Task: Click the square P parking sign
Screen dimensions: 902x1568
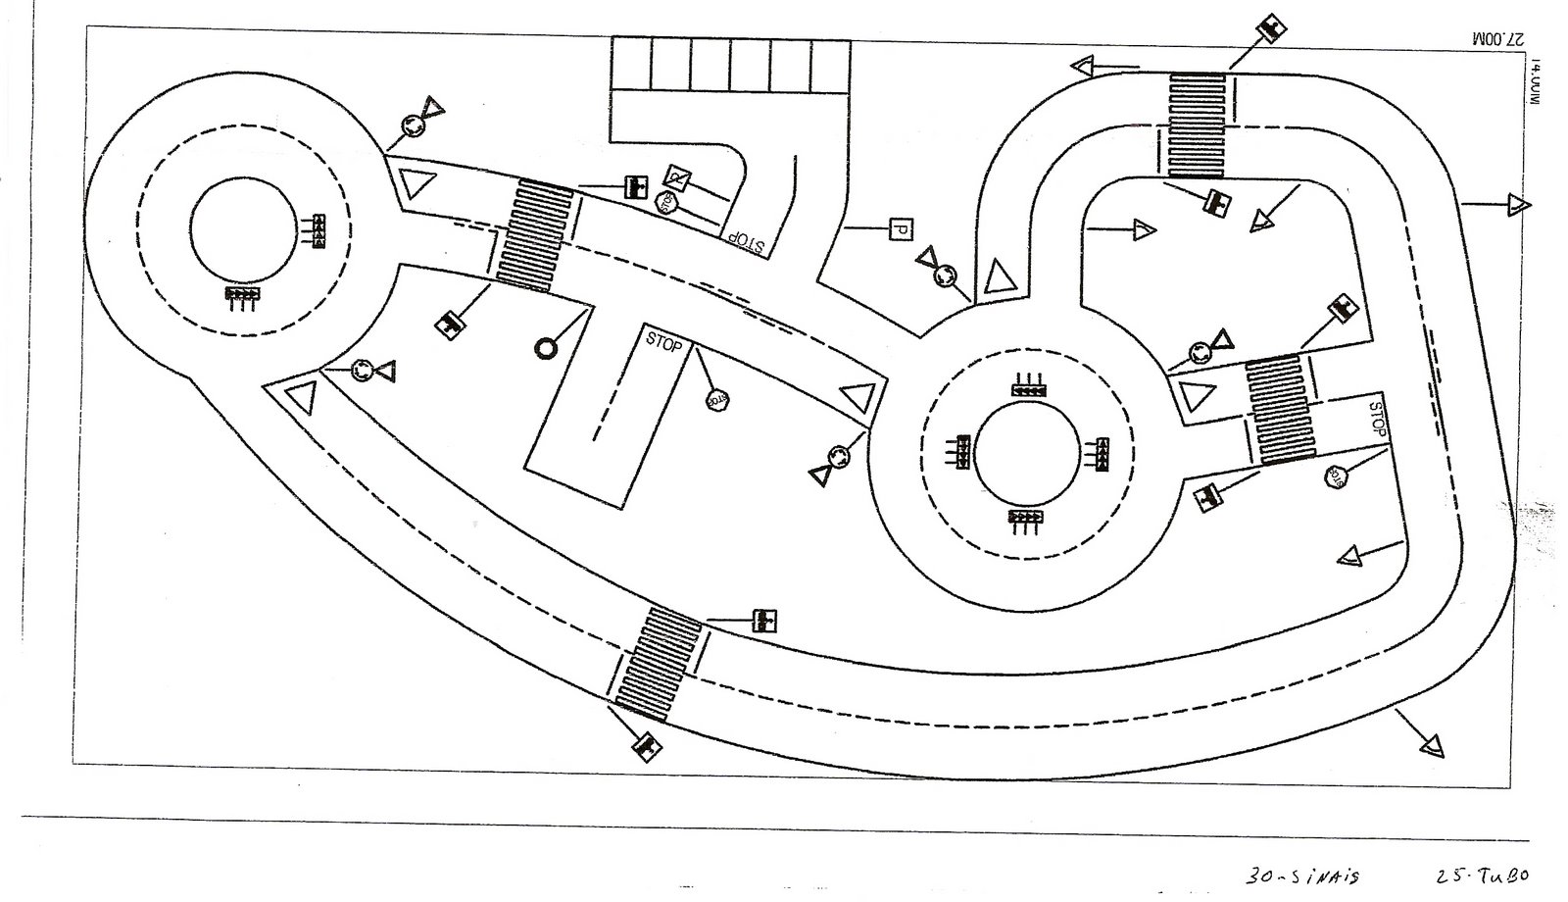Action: click(x=898, y=229)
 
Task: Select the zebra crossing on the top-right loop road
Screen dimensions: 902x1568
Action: click(x=1197, y=125)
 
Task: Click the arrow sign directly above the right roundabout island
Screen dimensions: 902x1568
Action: click(x=1028, y=389)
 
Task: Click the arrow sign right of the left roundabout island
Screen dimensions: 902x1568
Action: click(x=317, y=225)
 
